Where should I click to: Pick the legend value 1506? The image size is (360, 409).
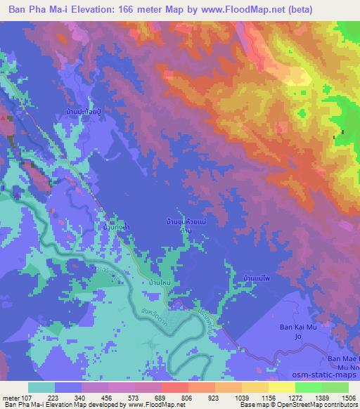point(341,398)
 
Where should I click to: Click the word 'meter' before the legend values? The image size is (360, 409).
point(10,398)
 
